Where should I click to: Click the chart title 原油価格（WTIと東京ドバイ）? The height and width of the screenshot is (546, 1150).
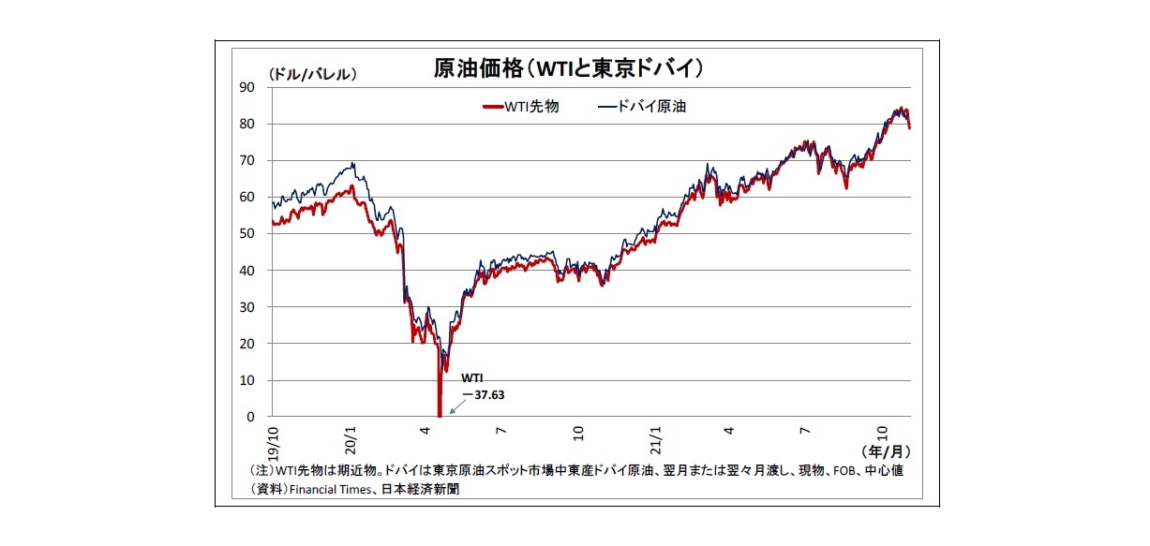point(568,67)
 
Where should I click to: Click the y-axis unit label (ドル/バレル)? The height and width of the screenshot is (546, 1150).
point(312,72)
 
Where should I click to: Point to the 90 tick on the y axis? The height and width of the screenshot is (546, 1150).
point(247,86)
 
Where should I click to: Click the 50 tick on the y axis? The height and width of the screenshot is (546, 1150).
point(247,233)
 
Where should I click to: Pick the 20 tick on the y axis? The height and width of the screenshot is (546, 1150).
point(247,344)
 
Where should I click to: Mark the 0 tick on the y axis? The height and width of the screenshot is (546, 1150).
point(251,417)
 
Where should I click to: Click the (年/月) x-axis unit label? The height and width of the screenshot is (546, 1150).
point(885,450)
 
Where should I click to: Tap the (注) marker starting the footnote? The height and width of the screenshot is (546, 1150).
point(261,471)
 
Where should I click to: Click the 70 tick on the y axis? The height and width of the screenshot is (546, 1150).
point(247,160)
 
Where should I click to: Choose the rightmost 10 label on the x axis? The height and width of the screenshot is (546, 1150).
point(883,432)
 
